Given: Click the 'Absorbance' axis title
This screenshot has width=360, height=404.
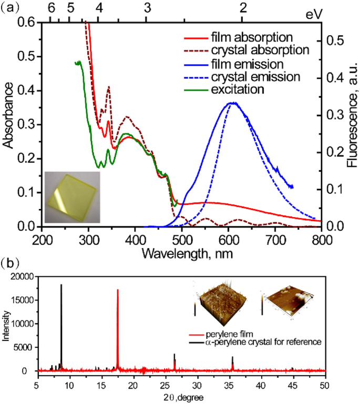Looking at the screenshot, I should [x=8, y=125].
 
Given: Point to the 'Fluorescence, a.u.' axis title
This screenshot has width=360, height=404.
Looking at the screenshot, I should [x=353, y=125].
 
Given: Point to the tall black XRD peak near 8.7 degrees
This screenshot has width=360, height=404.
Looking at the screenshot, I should [x=61, y=326].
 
